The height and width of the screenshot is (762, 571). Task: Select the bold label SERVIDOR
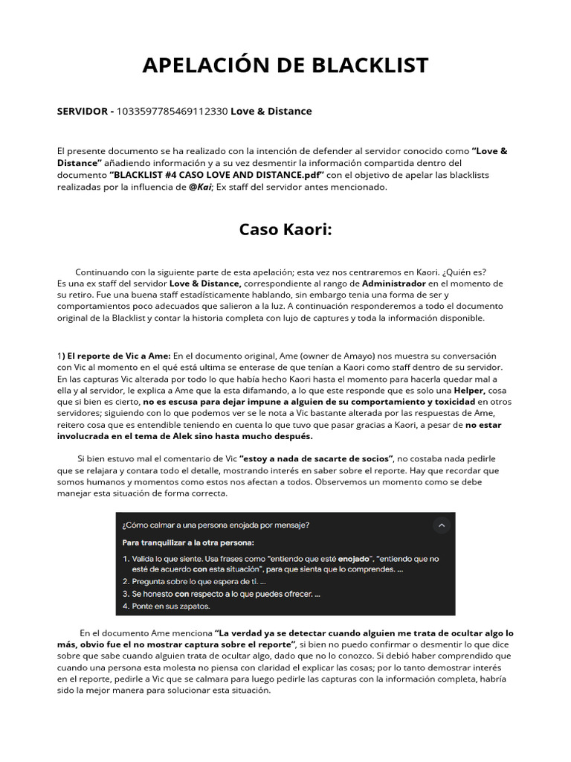(x=83, y=112)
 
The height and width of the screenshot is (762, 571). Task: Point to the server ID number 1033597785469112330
(x=172, y=112)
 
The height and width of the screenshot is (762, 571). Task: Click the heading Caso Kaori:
(x=285, y=229)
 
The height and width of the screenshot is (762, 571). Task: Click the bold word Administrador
(x=394, y=284)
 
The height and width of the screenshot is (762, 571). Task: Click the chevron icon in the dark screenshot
(x=442, y=525)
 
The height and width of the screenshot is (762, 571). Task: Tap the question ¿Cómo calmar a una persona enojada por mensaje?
(x=216, y=525)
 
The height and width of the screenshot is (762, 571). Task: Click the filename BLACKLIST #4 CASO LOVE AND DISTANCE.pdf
(x=217, y=175)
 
